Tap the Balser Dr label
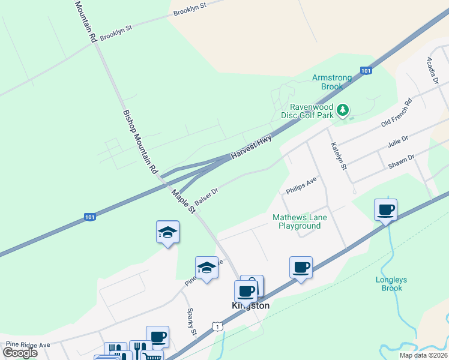(206, 196)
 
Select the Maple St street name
(184, 202)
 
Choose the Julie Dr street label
(398, 142)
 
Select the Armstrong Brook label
(327, 82)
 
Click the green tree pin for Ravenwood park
(343, 110)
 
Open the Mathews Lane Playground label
(297, 221)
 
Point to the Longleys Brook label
(391, 284)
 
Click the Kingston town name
(251, 305)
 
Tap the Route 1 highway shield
(217, 326)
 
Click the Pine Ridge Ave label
(28, 345)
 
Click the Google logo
(19, 353)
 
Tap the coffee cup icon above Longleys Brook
(385, 210)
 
